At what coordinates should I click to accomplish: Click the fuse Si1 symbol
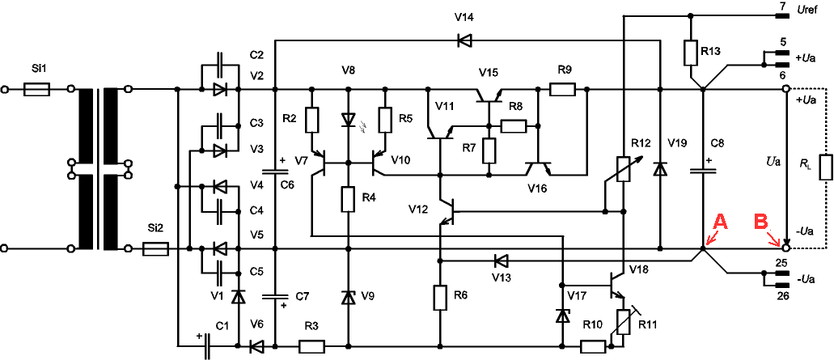37,89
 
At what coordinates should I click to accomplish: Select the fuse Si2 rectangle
155,248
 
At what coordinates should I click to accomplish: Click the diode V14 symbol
464,40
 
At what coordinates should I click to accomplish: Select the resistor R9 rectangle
562,89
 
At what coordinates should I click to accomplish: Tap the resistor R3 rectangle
312,347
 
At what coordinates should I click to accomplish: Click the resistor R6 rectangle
440,298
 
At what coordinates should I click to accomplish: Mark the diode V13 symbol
501,260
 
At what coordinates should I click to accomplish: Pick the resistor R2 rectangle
311,121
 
